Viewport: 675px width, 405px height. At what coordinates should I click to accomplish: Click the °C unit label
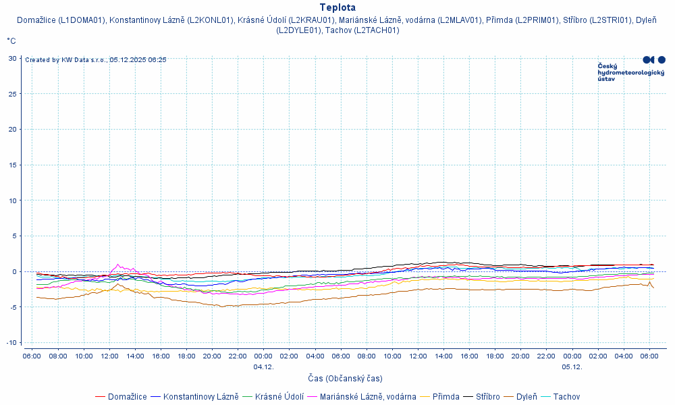(11, 41)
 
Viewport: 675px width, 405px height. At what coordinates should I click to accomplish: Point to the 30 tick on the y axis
(13, 58)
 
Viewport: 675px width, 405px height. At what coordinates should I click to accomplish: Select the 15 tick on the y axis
(13, 165)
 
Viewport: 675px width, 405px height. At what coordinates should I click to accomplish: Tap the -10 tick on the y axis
(11, 342)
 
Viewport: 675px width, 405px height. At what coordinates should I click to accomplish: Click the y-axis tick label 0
(15, 271)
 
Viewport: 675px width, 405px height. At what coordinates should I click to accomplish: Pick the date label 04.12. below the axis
(263, 367)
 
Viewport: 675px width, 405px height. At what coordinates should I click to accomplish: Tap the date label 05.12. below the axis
(572, 367)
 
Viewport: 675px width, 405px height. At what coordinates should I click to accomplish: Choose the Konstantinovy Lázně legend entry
(200, 397)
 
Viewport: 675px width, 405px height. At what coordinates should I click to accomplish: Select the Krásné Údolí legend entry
(279, 397)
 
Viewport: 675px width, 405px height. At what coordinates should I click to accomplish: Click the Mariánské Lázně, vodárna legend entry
(368, 397)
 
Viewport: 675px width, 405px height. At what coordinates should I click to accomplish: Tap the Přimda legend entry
(446, 397)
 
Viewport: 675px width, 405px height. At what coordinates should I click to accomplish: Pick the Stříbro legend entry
(487, 397)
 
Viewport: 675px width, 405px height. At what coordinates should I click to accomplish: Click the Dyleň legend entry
(526, 397)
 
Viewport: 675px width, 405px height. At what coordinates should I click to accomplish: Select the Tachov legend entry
(566, 397)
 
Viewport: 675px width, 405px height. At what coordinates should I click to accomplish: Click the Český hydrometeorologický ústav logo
(631, 69)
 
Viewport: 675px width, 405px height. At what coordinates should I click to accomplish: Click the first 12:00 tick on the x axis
(109, 356)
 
